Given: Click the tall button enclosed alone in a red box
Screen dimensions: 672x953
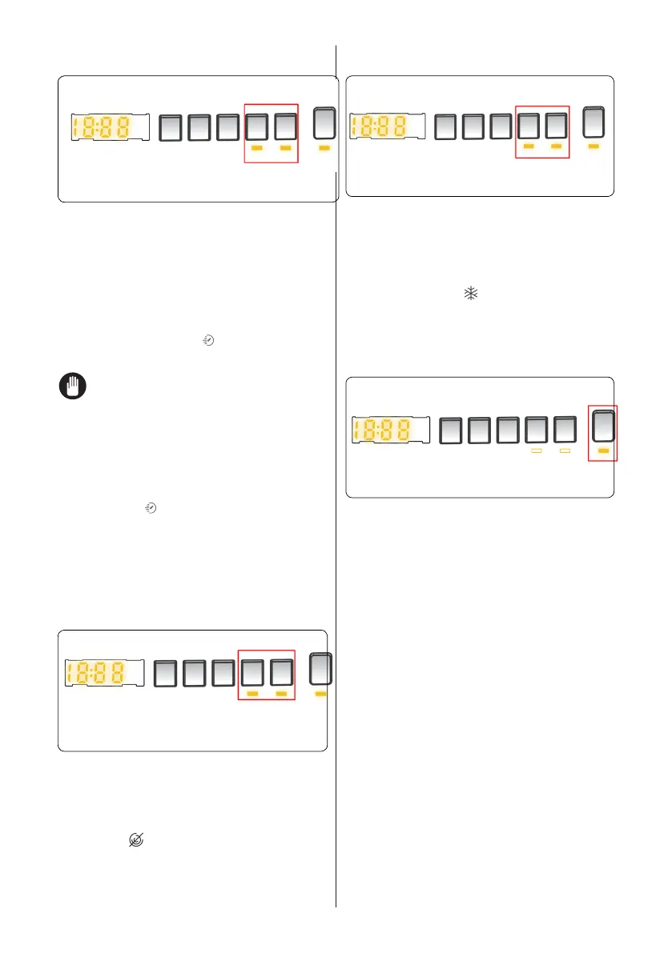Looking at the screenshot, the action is point(603,426).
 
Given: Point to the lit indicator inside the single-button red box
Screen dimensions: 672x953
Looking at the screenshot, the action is point(603,451).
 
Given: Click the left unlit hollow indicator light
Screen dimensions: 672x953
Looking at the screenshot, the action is point(537,452).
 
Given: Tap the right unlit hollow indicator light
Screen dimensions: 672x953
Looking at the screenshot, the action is point(565,452).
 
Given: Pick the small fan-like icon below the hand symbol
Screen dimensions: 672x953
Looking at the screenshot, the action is point(148,508).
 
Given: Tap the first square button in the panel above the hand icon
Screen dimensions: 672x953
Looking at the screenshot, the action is point(169,128).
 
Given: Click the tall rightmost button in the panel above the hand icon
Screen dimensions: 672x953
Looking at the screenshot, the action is point(324,124).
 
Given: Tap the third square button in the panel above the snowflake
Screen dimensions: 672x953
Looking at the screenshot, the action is point(501,126).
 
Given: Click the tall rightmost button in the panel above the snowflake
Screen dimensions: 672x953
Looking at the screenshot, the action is point(594,122).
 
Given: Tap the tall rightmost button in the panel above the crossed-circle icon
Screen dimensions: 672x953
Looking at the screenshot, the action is point(320,670).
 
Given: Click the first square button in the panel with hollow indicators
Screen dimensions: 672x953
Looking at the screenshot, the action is point(453,430).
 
